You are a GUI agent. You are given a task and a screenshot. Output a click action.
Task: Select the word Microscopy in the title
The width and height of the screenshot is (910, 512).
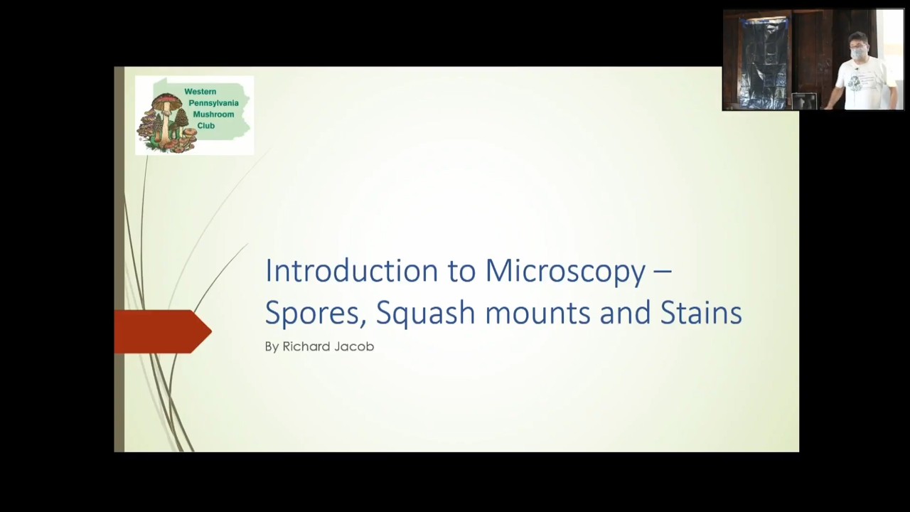coord(565,271)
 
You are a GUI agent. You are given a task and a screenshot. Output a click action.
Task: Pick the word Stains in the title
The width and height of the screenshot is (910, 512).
coord(700,313)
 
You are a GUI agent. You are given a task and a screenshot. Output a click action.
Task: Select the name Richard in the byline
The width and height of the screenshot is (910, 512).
coord(306,346)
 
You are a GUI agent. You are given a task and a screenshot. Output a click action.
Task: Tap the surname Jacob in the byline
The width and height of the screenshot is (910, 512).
coord(354,346)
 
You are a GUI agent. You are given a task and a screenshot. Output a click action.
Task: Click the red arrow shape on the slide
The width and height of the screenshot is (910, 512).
coord(162,331)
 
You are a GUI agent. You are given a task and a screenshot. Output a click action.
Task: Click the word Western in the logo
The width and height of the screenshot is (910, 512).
coord(200,92)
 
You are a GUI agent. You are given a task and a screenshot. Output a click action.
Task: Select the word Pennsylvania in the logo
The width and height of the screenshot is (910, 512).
coord(213,103)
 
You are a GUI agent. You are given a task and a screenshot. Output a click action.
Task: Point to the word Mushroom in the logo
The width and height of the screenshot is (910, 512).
coord(213,114)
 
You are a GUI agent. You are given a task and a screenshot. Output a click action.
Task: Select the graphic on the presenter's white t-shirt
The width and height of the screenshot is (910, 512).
coord(856,81)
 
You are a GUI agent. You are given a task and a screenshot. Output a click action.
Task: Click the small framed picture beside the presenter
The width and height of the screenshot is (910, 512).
coord(804,102)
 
